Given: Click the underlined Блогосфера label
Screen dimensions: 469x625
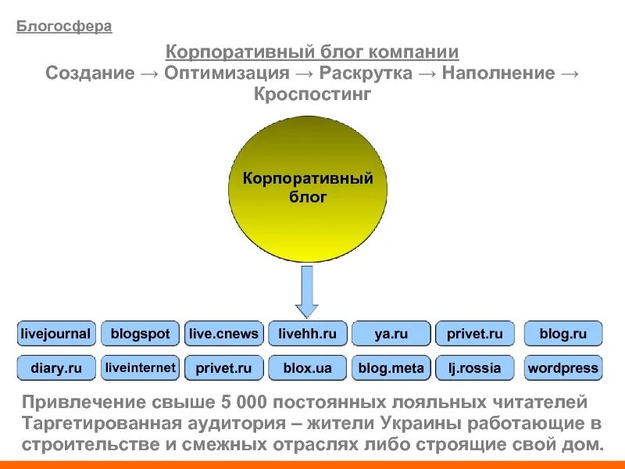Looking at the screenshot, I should [64, 27].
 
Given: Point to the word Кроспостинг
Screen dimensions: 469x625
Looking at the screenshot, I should [312, 95].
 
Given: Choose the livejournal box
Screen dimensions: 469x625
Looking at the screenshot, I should [55, 334].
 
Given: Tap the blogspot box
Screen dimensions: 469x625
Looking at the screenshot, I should [140, 334].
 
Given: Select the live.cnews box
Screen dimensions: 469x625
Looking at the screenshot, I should [223, 334].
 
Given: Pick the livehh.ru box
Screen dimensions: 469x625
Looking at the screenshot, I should [307, 334].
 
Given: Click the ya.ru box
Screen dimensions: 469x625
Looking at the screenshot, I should [391, 334].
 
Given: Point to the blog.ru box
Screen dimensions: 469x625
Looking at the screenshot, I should [562, 334].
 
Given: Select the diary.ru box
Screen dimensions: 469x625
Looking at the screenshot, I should [55, 367].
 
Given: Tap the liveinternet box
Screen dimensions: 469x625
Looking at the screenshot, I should [140, 367].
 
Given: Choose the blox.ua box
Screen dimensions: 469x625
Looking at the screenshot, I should [307, 367].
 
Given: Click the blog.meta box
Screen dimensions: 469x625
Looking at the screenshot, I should [391, 367].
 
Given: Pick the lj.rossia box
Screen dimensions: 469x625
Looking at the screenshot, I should [474, 367].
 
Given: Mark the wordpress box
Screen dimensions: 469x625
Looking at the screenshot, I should [562, 367].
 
